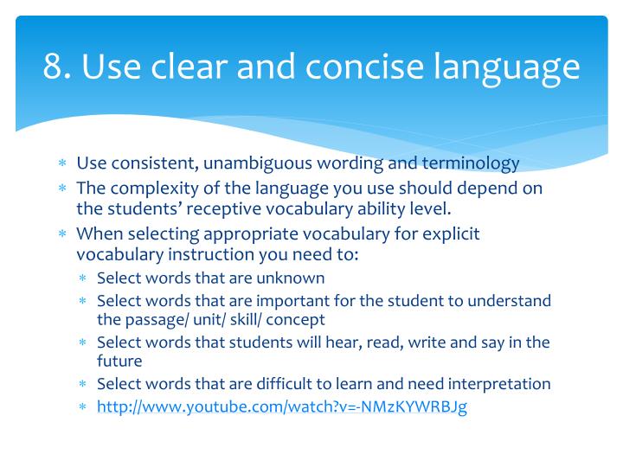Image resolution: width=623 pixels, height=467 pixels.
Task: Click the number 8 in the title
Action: pos(55,67)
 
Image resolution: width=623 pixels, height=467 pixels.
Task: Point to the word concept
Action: pos(296,320)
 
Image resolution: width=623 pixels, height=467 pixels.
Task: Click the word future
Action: pos(119,361)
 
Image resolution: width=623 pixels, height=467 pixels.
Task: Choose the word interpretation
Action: pos(499,384)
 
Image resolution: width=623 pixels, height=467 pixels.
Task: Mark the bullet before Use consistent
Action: pos(62,164)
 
